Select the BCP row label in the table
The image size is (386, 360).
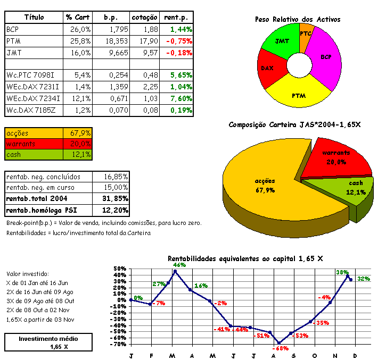[x=13, y=29]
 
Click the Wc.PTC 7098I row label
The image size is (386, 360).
[x=31, y=76]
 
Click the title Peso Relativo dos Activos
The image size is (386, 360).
[x=298, y=20]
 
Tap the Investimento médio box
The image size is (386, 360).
[x=48, y=342]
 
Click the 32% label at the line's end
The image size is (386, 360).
[x=364, y=279]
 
